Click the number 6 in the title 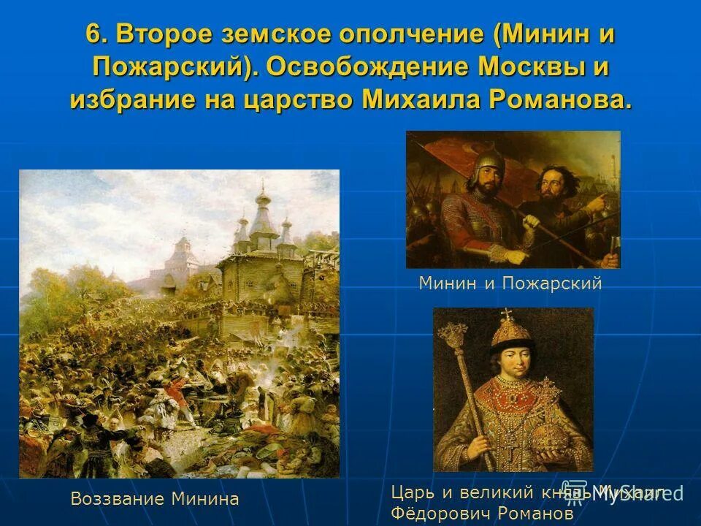92,34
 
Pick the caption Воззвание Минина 155,500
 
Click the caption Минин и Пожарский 510,283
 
